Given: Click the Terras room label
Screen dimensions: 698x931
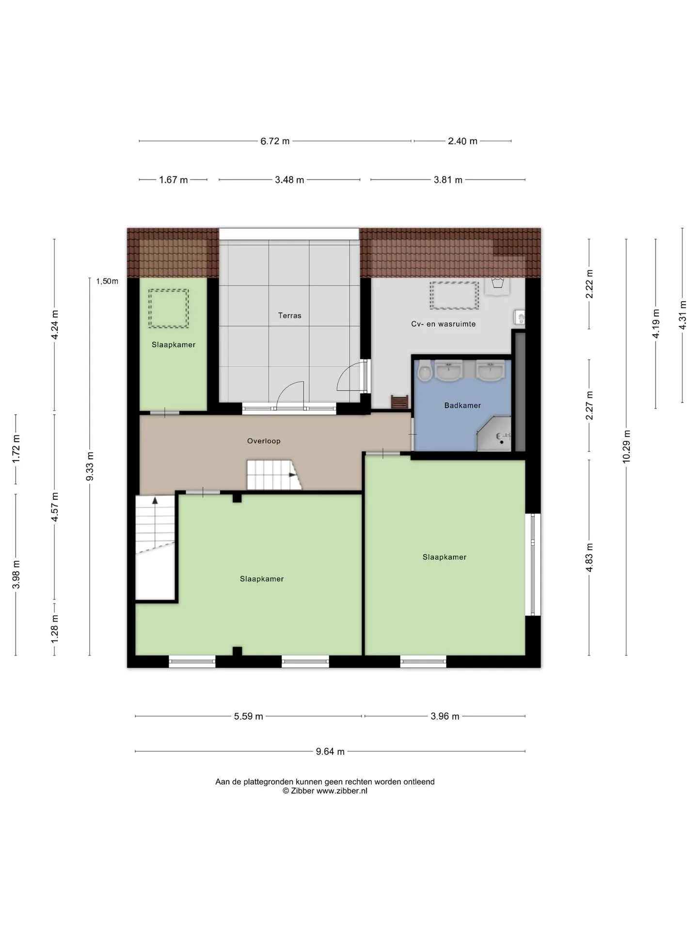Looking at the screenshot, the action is (x=289, y=316).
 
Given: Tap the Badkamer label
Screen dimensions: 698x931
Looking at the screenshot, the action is (x=462, y=405).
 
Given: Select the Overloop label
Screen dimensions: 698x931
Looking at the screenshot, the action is (x=264, y=441).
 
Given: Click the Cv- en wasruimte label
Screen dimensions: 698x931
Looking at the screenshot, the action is (x=443, y=324).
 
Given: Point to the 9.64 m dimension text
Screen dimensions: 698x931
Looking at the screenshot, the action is (x=330, y=752).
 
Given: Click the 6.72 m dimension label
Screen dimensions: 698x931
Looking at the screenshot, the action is (x=275, y=141).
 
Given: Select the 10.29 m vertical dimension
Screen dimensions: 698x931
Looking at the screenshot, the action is (x=626, y=447).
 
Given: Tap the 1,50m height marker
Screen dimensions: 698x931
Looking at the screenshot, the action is (x=107, y=281).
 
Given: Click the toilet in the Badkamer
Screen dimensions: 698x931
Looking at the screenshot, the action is (x=425, y=371).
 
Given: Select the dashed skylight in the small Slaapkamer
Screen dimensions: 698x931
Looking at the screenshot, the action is (x=168, y=308).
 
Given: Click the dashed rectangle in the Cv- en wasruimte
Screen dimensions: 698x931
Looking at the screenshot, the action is (x=454, y=295).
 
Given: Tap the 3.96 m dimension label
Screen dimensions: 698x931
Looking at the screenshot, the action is (x=445, y=716).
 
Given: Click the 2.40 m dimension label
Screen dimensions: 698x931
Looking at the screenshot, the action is (x=462, y=141).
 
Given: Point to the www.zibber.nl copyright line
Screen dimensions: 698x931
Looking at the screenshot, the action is (x=325, y=791).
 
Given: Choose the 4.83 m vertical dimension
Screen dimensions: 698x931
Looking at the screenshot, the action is (x=589, y=558).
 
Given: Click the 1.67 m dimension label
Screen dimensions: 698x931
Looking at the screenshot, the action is (x=174, y=180).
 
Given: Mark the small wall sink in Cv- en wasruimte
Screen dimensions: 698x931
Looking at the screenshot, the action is (x=520, y=318).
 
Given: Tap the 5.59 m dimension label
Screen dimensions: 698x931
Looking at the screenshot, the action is (x=249, y=716).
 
